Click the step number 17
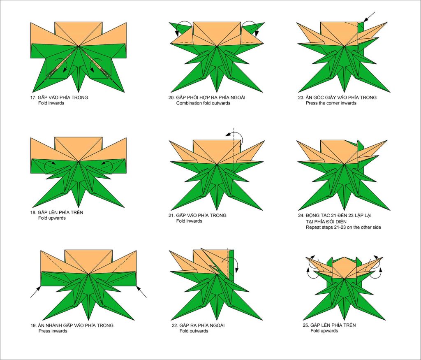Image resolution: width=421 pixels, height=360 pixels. click(x=33, y=98)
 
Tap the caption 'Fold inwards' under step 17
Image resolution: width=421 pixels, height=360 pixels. click(x=51, y=103)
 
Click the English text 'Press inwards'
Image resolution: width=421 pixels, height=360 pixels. click(x=53, y=331)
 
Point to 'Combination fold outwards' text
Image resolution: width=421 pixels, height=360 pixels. click(x=203, y=103)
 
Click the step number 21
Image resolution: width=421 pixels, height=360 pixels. click(x=171, y=216)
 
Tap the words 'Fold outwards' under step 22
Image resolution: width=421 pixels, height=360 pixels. click(x=194, y=331)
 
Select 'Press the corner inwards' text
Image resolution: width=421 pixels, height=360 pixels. click(x=331, y=103)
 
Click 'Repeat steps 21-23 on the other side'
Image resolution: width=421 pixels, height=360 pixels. click(x=343, y=227)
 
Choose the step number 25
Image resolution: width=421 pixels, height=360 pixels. click(x=305, y=325)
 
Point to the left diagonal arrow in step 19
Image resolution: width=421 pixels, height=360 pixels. click(x=36, y=292)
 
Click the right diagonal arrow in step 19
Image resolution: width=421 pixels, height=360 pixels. click(x=141, y=292)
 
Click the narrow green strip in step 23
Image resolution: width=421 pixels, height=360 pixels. click(x=361, y=37)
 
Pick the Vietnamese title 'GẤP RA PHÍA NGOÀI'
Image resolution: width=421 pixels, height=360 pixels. click(x=202, y=325)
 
